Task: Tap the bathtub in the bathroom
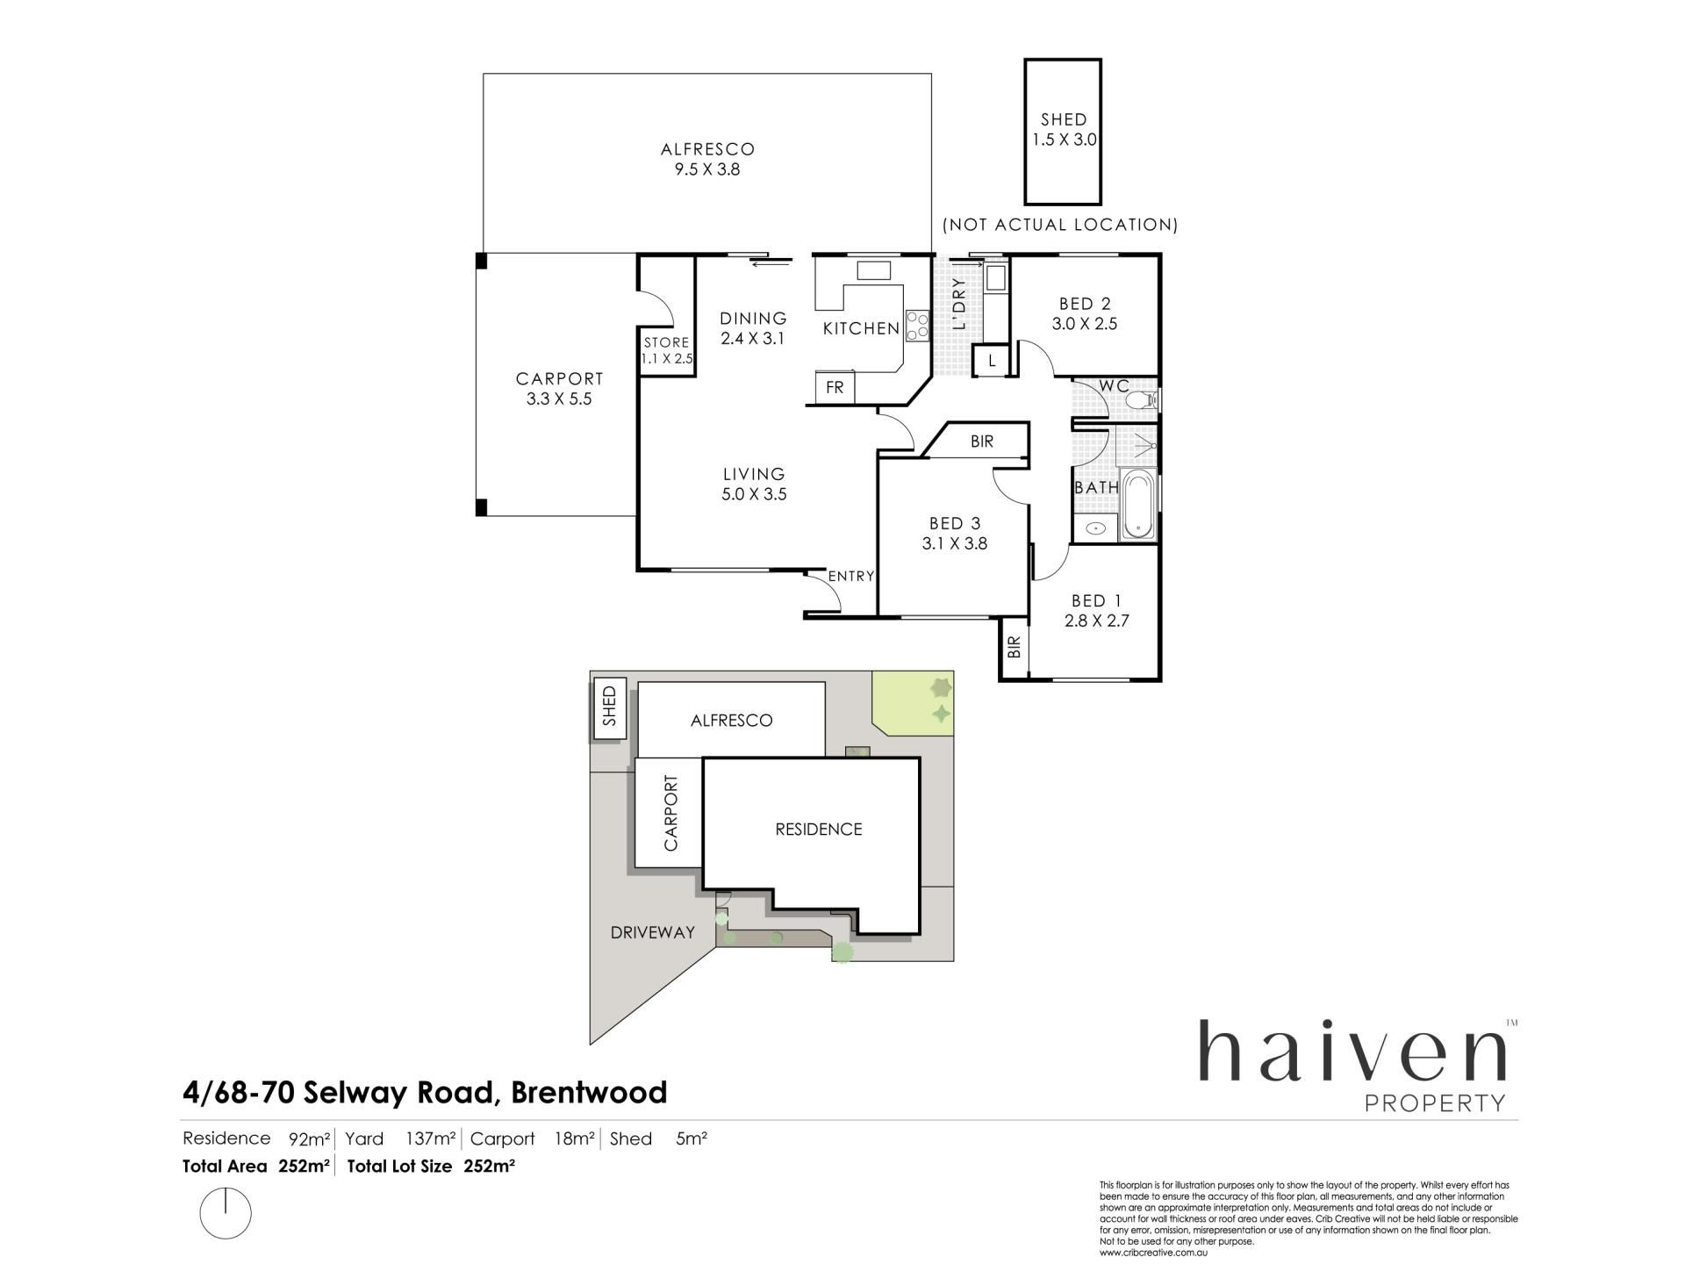[1139, 504]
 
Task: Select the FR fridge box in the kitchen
[835, 386]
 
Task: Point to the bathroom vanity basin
[1095, 528]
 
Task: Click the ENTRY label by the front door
[851, 576]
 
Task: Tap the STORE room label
[666, 342]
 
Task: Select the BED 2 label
[1085, 304]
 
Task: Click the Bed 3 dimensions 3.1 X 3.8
[955, 543]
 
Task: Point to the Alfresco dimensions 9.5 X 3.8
[707, 169]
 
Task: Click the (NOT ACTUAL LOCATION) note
[1060, 225]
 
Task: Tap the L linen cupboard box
[993, 360]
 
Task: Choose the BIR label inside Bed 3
[982, 442]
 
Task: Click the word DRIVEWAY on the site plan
[653, 932]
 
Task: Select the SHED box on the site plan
[609, 707]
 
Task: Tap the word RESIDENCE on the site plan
[819, 829]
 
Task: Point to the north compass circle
[226, 1214]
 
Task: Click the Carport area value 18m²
[575, 1138]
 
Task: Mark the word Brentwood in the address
[589, 1093]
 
